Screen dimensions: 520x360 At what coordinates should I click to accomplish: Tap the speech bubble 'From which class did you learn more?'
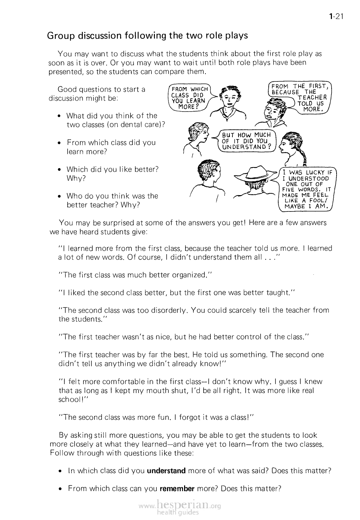point(188,97)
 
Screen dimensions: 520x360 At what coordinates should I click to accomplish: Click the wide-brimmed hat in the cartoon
point(257,173)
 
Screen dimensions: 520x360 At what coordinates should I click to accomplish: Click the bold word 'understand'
point(166,471)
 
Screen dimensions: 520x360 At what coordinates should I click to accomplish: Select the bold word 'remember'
point(177,488)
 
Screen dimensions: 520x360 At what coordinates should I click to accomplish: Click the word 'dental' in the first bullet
point(123,124)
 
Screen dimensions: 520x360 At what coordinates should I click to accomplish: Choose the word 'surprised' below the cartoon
point(117,223)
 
